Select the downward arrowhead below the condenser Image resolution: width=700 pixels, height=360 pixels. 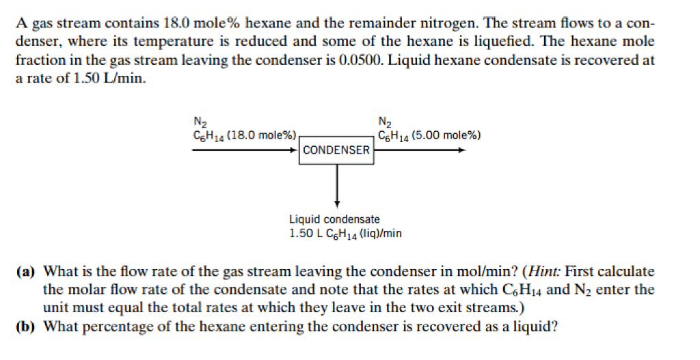[336, 202]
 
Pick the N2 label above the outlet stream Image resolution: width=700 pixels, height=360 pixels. [384, 123]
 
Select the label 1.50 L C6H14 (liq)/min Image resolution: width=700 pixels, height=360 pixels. [345, 234]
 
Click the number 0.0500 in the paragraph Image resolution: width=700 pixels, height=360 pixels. [362, 60]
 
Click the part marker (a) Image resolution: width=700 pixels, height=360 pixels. [27, 271]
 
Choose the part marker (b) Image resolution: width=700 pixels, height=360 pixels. [27, 326]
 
